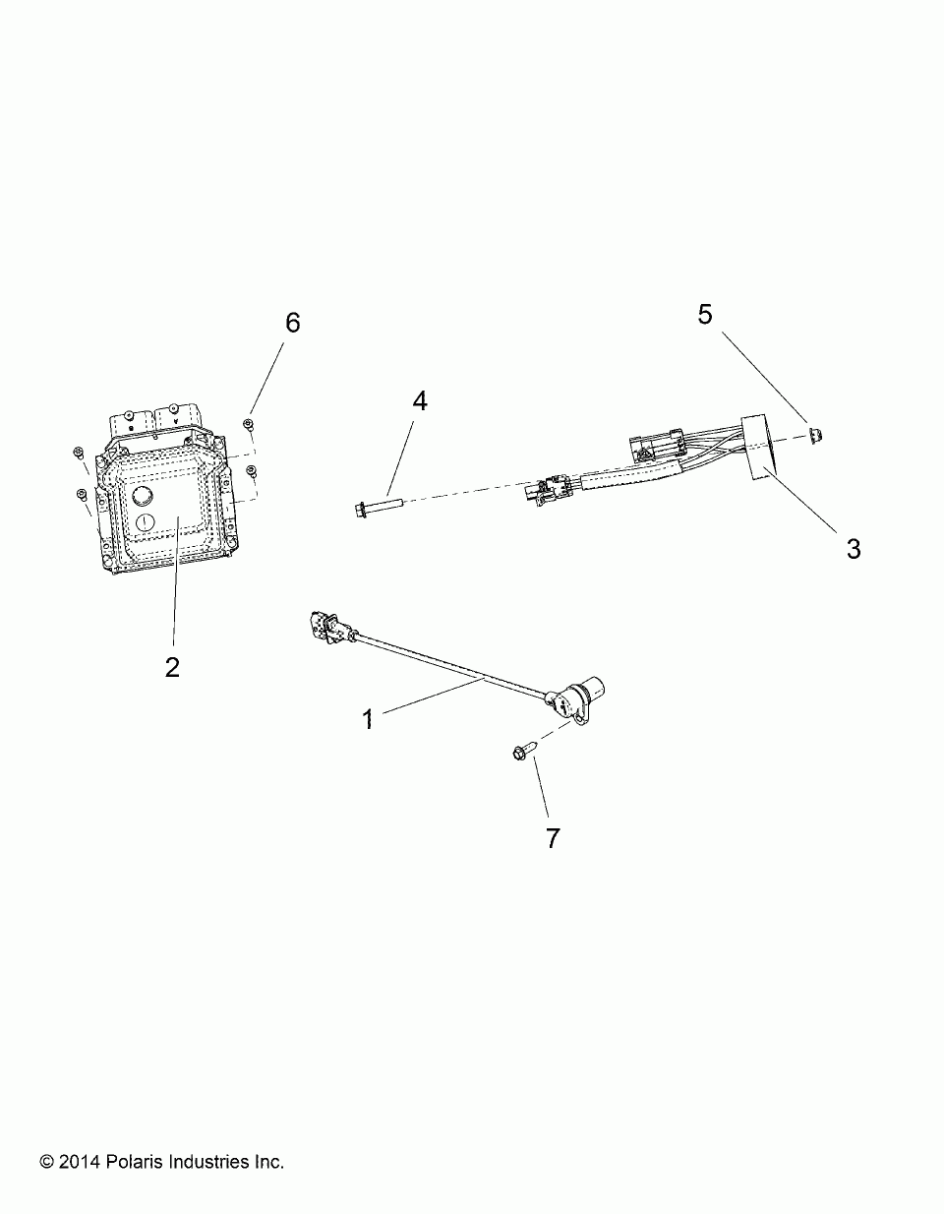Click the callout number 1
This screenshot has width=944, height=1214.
pyautogui.click(x=368, y=719)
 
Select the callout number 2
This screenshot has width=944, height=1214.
pyautogui.click(x=172, y=667)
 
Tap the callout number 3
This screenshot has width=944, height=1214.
pyautogui.click(x=854, y=549)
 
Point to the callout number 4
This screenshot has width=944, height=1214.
pyautogui.click(x=420, y=401)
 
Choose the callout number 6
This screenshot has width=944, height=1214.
pyautogui.click(x=292, y=323)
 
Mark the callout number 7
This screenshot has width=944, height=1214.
pyautogui.click(x=553, y=837)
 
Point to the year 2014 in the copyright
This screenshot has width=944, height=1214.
pyautogui.click(x=78, y=1162)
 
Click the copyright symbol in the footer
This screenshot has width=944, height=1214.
pyautogui.click(x=46, y=1163)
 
